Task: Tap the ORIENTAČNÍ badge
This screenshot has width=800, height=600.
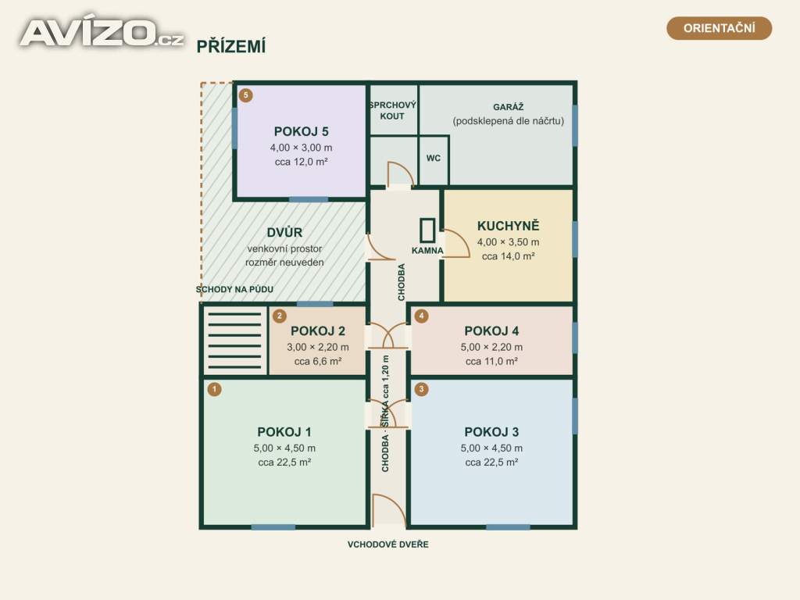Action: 719,28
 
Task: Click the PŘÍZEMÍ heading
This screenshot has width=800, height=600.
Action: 231,46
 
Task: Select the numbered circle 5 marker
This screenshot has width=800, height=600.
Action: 245,95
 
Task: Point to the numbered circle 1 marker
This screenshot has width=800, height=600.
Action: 214,389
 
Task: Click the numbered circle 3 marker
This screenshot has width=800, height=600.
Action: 421,389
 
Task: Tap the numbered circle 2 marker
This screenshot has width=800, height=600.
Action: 279,316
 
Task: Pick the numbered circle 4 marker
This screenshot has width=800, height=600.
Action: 421,316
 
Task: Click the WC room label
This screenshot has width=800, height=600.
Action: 433,158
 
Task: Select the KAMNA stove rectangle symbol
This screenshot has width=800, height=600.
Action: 427,230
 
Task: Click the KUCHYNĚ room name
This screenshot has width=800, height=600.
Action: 508,226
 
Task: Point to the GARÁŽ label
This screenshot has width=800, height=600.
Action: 508,106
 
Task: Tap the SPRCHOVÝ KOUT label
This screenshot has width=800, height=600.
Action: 392,111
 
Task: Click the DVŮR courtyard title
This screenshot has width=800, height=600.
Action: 284,232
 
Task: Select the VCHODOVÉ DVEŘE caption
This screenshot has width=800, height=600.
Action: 387,545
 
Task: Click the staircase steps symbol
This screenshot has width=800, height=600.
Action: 234,341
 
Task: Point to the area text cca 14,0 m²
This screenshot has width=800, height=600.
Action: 508,256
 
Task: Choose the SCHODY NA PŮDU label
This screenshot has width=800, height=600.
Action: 234,289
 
